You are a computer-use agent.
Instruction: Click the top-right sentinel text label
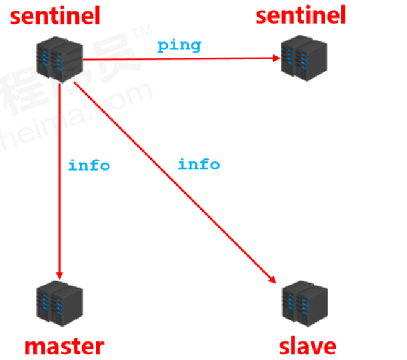coord(301,15)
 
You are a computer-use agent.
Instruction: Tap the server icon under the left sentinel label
coord(59,58)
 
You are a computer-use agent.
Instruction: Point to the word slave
coord(307,345)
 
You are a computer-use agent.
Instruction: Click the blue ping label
coord(179,45)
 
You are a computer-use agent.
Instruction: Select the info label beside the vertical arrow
coord(89,165)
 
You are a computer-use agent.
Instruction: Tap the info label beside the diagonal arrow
coord(199,164)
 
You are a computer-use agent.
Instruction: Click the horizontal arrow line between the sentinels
coord(179,59)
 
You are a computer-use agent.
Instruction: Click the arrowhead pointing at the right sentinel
coord(276,59)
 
